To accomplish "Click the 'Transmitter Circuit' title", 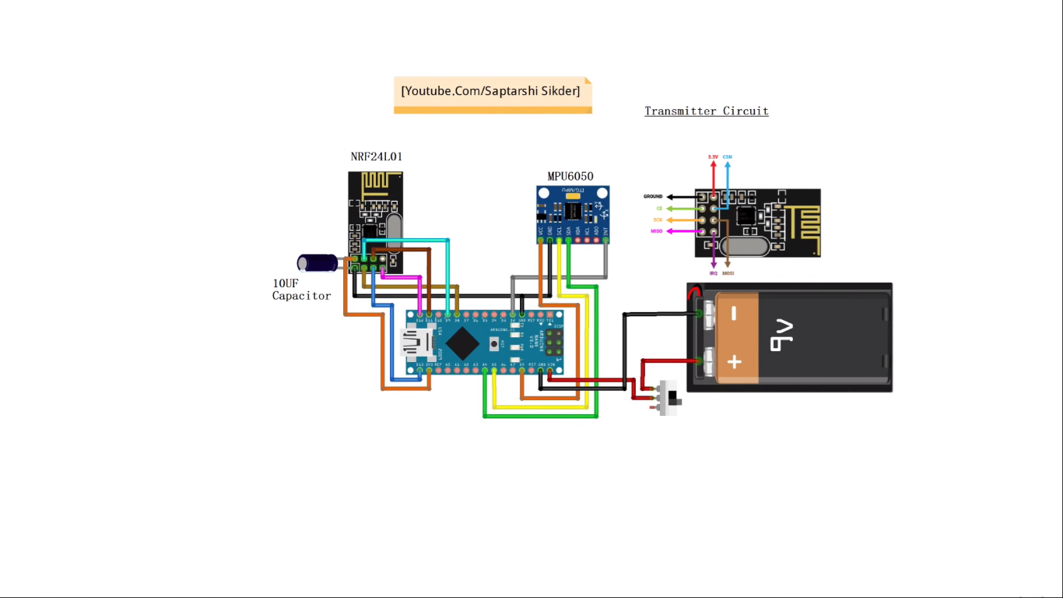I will coord(707,111).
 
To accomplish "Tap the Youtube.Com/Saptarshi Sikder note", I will coord(491,92).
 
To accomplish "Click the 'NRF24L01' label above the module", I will coord(376,157).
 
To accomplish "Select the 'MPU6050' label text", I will coord(570,177).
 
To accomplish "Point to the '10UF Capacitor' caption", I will coord(301,290).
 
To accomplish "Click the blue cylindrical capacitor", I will coord(317,262).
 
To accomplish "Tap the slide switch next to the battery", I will coord(669,397).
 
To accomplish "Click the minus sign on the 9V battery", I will coord(735,314).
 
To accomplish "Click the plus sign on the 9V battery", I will coord(735,361).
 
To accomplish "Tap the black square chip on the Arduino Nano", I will coord(462,343).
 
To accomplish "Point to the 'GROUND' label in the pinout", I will coord(653,197).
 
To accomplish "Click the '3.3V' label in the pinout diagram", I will coord(713,157).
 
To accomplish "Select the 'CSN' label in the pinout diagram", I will coord(728,157).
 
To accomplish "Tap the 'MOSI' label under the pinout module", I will coord(728,273).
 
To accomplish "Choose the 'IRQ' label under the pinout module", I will coord(714,273).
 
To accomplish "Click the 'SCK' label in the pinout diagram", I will coord(658,220).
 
